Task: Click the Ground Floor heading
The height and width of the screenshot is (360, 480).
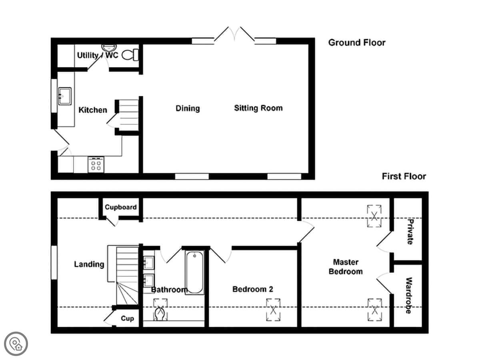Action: click(x=357, y=43)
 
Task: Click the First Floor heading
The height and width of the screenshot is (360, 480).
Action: click(x=404, y=176)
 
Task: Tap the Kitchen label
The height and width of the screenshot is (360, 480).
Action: click(x=93, y=110)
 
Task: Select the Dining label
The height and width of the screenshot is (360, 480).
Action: click(x=188, y=108)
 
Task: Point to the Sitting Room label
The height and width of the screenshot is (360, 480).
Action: click(x=258, y=108)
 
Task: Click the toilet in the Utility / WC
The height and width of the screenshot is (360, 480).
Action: click(x=130, y=55)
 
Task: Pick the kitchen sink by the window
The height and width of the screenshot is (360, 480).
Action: click(x=65, y=96)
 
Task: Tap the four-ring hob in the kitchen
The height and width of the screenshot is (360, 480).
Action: click(x=96, y=165)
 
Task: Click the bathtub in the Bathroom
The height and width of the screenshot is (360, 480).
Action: click(x=195, y=272)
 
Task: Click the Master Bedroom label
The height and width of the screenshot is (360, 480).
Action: click(x=346, y=267)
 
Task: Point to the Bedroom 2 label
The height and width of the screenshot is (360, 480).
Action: click(x=252, y=289)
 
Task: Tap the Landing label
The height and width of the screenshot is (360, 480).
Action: click(x=89, y=264)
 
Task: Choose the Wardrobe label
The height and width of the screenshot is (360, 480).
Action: click(x=409, y=296)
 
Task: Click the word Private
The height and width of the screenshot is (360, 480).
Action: click(x=410, y=232)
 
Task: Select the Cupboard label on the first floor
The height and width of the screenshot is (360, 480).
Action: click(x=121, y=207)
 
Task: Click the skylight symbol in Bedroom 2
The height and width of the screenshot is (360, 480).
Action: click(x=273, y=310)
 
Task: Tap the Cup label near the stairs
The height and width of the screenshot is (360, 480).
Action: click(x=127, y=318)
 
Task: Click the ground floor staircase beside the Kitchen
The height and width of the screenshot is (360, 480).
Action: click(x=128, y=115)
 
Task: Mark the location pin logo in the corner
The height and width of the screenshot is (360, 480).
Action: click(x=16, y=344)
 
